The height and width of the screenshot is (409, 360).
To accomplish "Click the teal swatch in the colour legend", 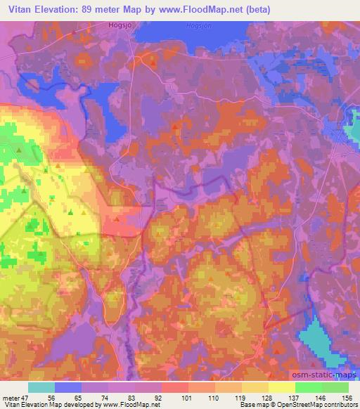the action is point(41,387).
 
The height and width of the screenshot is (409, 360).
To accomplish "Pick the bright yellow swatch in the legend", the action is point(281,387).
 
